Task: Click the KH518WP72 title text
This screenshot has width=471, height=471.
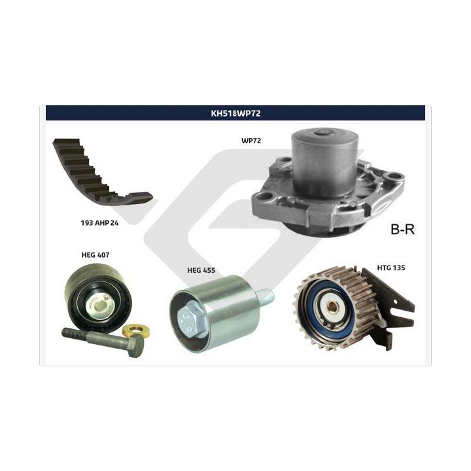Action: [235, 113]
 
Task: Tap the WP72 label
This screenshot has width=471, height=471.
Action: [251, 141]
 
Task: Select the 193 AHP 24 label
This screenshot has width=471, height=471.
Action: [99, 223]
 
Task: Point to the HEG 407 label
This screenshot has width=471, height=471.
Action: [96, 254]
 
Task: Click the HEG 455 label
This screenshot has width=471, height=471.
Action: [201, 270]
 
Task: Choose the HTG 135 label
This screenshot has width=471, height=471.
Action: [391, 268]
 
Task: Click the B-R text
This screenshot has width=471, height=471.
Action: [402, 229]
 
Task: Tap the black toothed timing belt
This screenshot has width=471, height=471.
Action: [99, 173]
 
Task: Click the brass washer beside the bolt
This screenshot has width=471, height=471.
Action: [137, 330]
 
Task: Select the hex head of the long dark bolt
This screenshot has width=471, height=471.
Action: [136, 346]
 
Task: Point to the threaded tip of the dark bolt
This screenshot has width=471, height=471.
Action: [67, 332]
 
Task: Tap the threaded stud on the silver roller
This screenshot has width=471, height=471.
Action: [265, 296]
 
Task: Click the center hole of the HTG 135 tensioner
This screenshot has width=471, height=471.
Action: [332, 307]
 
